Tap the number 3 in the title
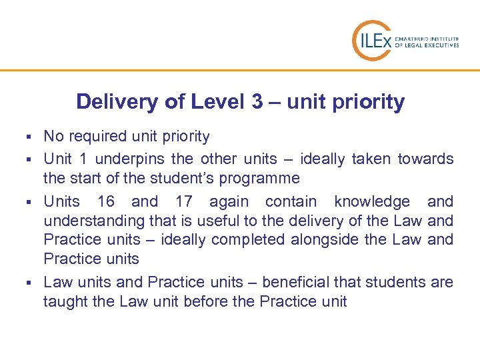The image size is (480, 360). point(257,102)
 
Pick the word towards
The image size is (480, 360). point(426,159)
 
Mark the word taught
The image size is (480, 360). point(65,301)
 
